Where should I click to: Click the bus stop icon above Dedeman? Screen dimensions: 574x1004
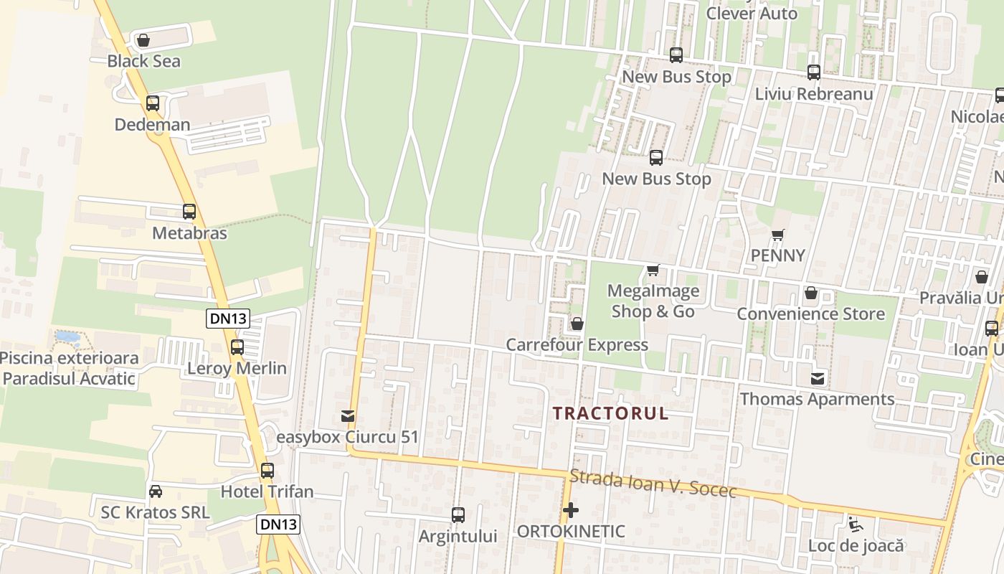click(x=152, y=103)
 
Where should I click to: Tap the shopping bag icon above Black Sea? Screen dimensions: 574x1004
click(x=143, y=40)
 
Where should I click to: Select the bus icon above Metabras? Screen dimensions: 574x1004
click(x=189, y=212)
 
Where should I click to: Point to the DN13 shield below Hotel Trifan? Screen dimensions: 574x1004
click(x=278, y=524)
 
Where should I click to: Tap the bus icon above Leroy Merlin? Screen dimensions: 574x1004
click(x=237, y=347)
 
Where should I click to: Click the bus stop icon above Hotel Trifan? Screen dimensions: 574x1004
click(x=267, y=471)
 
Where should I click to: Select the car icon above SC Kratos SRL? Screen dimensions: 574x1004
click(x=156, y=491)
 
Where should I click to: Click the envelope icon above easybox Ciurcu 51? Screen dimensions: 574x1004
click(x=348, y=415)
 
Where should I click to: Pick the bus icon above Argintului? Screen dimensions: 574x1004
click(x=458, y=514)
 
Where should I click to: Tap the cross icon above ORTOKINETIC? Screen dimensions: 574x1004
click(x=571, y=510)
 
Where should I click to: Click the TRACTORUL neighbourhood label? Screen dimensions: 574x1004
click(x=611, y=413)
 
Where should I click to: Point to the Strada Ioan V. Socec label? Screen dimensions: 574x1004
click(x=653, y=484)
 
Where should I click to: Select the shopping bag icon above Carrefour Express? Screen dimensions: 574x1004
click(x=577, y=324)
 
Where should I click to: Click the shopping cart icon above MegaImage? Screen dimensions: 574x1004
click(x=653, y=270)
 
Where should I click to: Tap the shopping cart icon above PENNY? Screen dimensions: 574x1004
click(x=778, y=235)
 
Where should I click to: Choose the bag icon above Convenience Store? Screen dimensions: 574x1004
click(x=811, y=293)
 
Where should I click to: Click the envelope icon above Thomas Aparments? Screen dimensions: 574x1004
click(x=818, y=378)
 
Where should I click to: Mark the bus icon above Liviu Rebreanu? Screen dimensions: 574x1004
click(x=814, y=72)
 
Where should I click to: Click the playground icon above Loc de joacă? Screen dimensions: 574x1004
click(x=855, y=524)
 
